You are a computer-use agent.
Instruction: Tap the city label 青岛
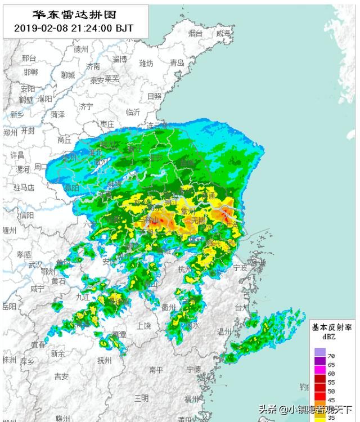[x=177, y=64]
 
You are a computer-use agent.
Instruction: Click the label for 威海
[x=223, y=34]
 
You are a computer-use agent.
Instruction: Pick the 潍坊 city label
[x=146, y=63]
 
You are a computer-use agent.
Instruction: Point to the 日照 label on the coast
[x=154, y=96]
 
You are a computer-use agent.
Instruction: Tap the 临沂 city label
[x=133, y=111]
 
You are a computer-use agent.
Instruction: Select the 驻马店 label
[x=24, y=187]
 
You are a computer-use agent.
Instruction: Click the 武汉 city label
[x=35, y=264]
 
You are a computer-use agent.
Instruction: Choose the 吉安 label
[x=61, y=376]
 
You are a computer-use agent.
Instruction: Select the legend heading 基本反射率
[x=332, y=327]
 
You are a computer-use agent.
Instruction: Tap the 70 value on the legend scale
[x=332, y=356]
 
